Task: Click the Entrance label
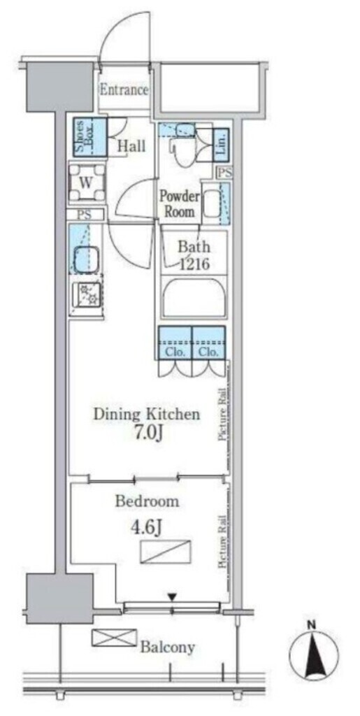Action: [x=124, y=90]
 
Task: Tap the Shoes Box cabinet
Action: [x=90, y=136]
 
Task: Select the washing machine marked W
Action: [x=87, y=182]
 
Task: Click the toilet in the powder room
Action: [x=184, y=147]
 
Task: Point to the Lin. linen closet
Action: [x=221, y=144]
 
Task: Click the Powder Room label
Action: [x=180, y=203]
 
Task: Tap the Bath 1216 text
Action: [x=194, y=256]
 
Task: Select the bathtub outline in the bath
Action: [x=194, y=298]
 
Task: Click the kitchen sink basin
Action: [x=87, y=259]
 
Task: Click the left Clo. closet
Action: [x=175, y=342]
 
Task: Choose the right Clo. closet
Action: [x=209, y=342]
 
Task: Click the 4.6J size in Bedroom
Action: [x=146, y=529]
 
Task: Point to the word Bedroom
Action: [x=147, y=501]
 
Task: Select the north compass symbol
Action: [x=314, y=654]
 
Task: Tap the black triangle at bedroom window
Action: [x=171, y=596]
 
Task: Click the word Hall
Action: [x=131, y=146]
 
